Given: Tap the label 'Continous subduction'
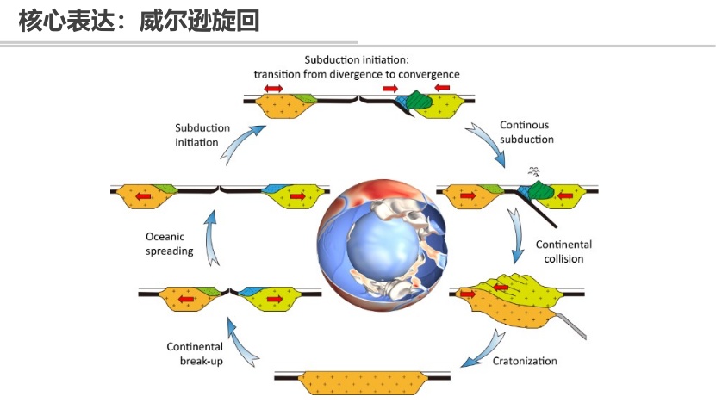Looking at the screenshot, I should pyautogui.click(x=525, y=132).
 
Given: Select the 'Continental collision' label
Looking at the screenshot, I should pyautogui.click(x=563, y=251).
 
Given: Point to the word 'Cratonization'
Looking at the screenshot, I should pyautogui.click(x=525, y=361).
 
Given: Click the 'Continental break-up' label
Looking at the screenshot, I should pyautogui.click(x=195, y=354).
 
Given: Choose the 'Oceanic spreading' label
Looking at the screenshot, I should pyautogui.click(x=169, y=245).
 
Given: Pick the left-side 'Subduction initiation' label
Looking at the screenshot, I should pyautogui.click(x=196, y=134).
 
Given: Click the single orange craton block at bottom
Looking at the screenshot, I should pyautogui.click(x=362, y=379).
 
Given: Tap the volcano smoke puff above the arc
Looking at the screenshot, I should pyautogui.click(x=534, y=171).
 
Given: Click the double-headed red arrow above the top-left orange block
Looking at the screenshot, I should pyautogui.click(x=273, y=89).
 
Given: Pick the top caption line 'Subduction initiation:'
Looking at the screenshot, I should pyautogui.click(x=357, y=59).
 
